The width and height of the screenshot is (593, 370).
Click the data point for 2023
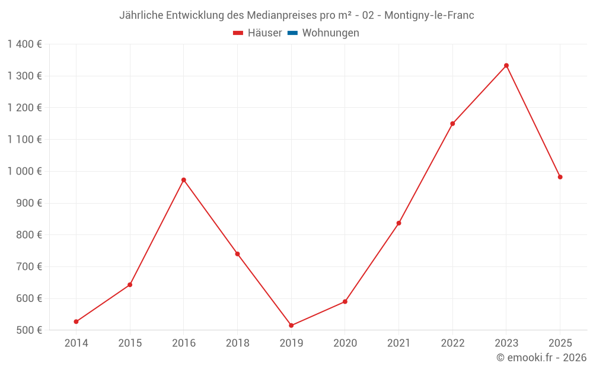(506, 66)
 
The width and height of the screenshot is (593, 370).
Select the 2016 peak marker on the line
(184, 180)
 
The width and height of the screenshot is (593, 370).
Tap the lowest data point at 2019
(291, 326)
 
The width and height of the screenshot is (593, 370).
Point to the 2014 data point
(76, 321)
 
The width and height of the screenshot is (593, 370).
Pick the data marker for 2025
(560, 177)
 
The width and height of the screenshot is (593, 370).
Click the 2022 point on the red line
(452, 124)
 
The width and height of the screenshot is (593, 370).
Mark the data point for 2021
(398, 223)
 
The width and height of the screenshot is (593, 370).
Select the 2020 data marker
(345, 302)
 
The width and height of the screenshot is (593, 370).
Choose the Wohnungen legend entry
(330, 33)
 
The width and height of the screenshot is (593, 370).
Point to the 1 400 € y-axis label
(24, 44)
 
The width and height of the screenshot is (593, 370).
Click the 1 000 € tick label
(24, 171)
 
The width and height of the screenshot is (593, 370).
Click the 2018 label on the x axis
(237, 343)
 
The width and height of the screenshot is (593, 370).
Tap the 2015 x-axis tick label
(130, 343)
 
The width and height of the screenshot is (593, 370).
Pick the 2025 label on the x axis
(560, 343)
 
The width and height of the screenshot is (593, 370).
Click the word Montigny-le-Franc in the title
(429, 15)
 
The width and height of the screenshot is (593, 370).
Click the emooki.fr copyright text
(541, 358)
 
